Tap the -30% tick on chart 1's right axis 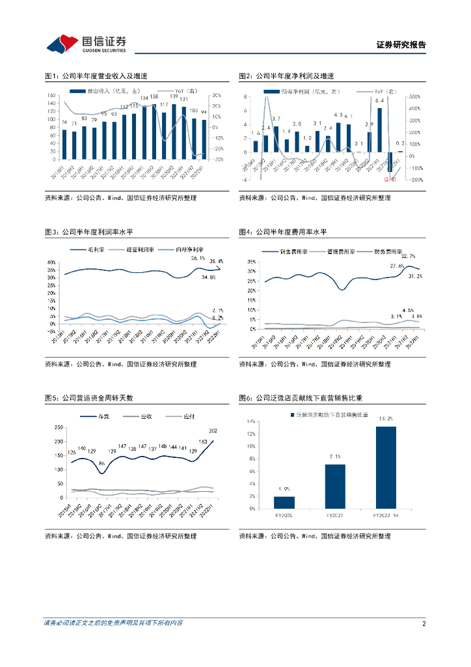[x=217, y=159]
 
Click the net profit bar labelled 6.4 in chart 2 [x=380, y=130]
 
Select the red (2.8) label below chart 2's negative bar [x=390, y=179]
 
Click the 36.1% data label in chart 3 [x=198, y=259]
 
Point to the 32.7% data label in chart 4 [x=409, y=257]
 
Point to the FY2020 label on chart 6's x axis [x=284, y=515]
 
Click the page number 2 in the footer [x=424, y=623]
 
